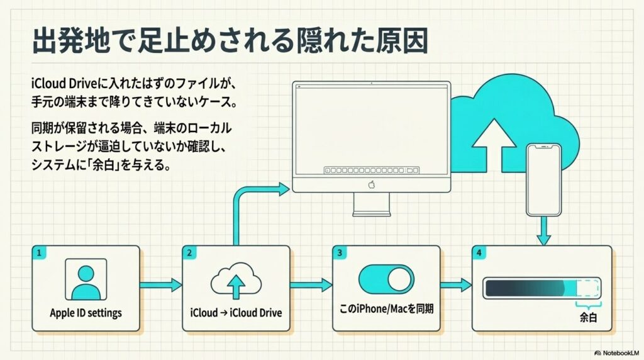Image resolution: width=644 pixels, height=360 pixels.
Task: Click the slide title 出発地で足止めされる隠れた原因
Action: coord(230,41)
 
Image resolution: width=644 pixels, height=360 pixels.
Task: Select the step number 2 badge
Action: coord(189,253)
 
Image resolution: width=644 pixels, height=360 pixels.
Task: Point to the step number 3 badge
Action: coord(340,253)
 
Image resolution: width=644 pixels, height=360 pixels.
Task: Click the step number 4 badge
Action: coord(480,253)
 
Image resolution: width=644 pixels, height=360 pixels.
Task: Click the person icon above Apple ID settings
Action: coord(86,280)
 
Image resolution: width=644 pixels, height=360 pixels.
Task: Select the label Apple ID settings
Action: coord(86,313)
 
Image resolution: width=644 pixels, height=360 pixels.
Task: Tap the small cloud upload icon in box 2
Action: coord(236,282)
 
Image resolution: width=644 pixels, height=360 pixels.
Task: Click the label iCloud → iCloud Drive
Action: coord(236,313)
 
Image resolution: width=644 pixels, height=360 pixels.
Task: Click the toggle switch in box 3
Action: coord(386,279)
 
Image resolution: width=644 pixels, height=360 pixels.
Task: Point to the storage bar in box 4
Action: coord(541,288)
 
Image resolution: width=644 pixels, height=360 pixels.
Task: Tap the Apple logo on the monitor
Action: coord(371,184)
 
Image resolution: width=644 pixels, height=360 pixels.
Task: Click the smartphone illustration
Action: coord(544,179)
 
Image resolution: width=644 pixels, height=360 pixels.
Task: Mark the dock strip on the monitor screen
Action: coord(371,170)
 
